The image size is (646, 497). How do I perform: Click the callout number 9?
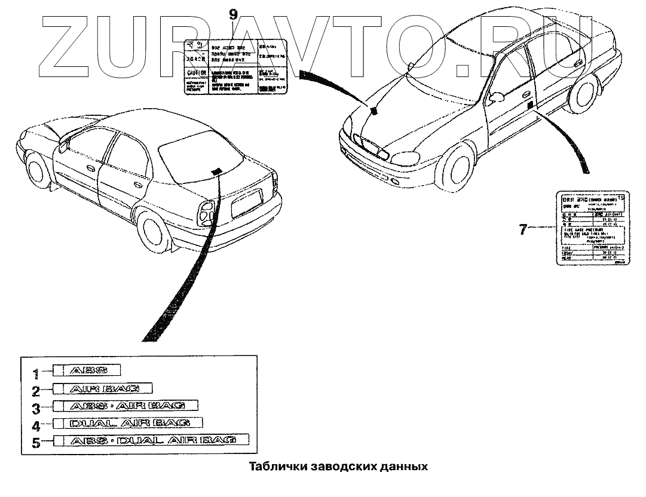[233, 14]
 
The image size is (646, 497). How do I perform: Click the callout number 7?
[523, 228]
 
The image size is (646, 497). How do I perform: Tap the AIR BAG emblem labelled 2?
[104, 389]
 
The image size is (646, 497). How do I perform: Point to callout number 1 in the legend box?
[36, 374]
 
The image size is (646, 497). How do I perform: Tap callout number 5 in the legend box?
[36, 443]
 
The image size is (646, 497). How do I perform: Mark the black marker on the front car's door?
[530, 106]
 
